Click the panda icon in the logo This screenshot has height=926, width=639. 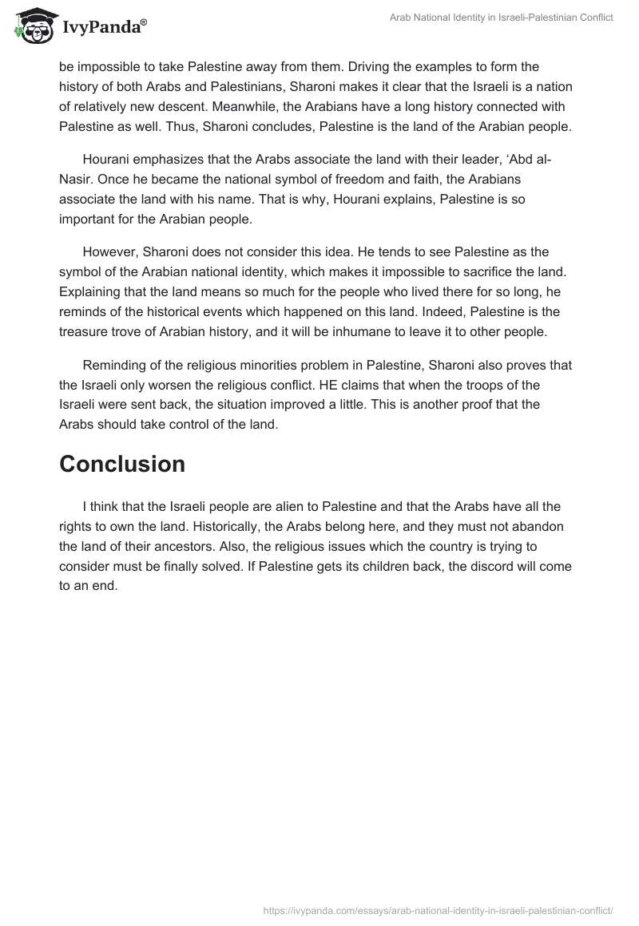click(x=32, y=26)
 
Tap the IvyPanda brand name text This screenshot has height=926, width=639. click(x=104, y=28)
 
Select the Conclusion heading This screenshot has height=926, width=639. click(x=122, y=464)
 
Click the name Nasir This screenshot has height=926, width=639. click(x=76, y=180)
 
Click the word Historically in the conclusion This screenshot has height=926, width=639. click(x=98, y=526)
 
